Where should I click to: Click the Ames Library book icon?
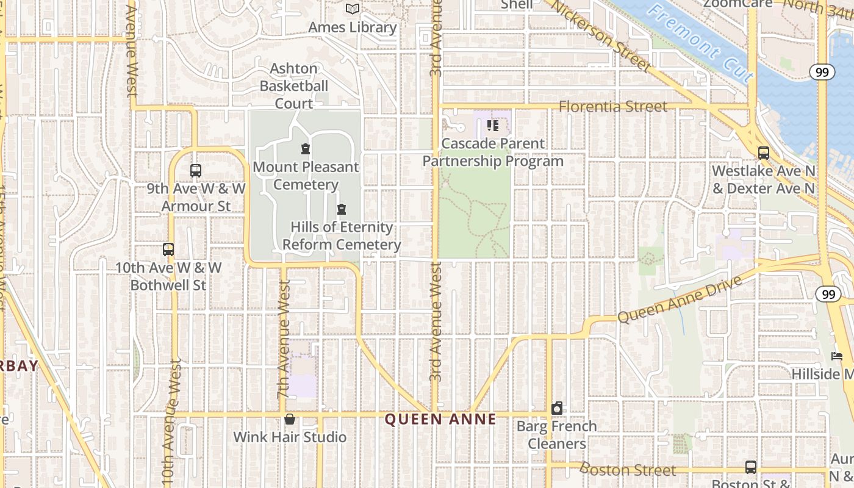(x=353, y=9)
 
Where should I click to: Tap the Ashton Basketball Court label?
(x=294, y=86)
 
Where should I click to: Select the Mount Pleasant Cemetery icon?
(x=306, y=149)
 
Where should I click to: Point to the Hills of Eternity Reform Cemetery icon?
(x=342, y=209)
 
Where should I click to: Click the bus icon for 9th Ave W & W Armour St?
(x=196, y=171)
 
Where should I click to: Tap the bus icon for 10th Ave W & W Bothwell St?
(x=168, y=249)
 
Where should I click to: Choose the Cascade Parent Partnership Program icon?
(x=493, y=126)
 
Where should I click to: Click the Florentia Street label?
(x=613, y=107)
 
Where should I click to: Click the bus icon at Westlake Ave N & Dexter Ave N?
(x=763, y=153)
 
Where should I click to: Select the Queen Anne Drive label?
(x=680, y=299)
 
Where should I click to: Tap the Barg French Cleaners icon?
(x=557, y=408)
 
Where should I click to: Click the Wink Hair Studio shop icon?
(x=290, y=419)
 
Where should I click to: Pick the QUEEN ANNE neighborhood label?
(x=440, y=419)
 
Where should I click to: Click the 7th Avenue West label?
(x=284, y=345)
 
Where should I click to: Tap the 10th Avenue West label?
(x=172, y=421)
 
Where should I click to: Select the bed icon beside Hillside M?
(x=837, y=356)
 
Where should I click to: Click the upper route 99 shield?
(x=822, y=72)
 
